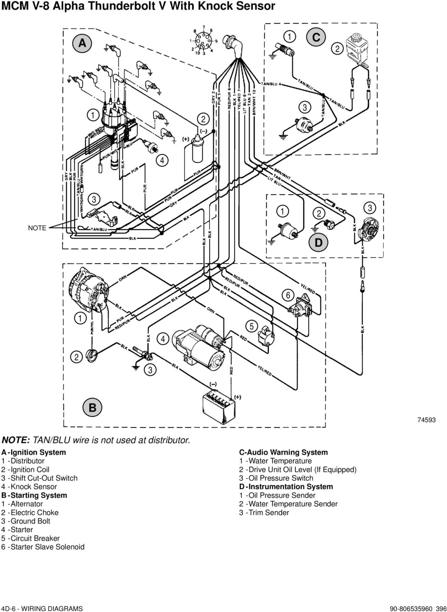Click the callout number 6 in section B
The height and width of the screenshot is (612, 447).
tap(288, 296)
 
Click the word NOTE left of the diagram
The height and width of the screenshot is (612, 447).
tap(37, 228)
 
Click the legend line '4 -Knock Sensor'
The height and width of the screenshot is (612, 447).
tap(29, 487)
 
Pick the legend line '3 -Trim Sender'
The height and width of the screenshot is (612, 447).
tap(264, 512)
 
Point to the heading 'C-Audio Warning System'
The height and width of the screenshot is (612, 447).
tap(283, 452)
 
